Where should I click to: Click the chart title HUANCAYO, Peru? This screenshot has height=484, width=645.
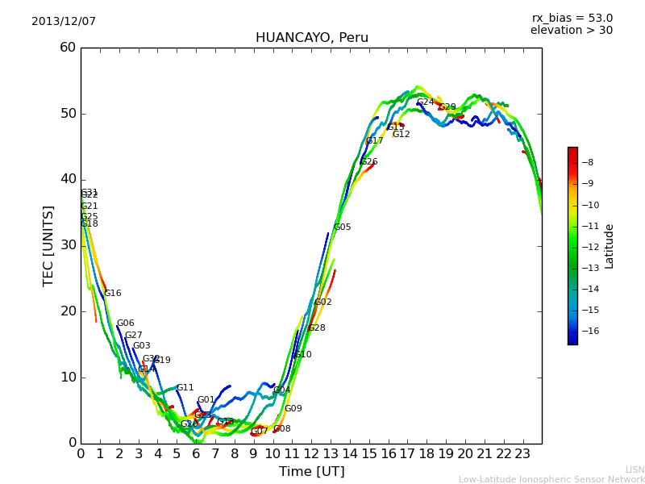pyautogui.click(x=311, y=38)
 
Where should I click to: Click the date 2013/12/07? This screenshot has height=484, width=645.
pyautogui.click(x=64, y=22)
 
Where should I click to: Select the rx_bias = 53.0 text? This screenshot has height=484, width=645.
pyautogui.click(x=572, y=19)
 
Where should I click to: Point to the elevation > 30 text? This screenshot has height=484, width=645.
pyautogui.click(x=571, y=31)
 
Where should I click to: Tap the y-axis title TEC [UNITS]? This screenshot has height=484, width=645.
pyautogui.click(x=48, y=245)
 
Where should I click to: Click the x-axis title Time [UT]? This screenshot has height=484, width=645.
pyautogui.click(x=311, y=472)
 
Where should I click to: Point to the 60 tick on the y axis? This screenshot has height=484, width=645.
pyautogui.click(x=68, y=48)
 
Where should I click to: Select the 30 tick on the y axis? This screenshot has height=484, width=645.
pyautogui.click(x=68, y=245)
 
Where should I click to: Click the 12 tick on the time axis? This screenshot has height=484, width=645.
pyautogui.click(x=311, y=453)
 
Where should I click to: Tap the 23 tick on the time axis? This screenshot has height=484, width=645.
pyautogui.click(x=522, y=453)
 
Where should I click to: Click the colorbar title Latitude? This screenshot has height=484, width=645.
pyautogui.click(x=610, y=246)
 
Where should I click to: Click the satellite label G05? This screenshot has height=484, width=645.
pyautogui.click(x=342, y=227)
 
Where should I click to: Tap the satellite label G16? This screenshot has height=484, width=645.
pyautogui.click(x=113, y=294)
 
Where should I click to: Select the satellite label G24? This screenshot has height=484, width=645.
pyautogui.click(x=425, y=102)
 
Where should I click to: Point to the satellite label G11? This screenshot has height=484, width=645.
pyautogui.click(x=185, y=388)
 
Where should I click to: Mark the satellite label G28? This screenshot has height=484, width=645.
pyautogui.click(x=317, y=328)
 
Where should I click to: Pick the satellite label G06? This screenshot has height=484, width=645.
pyautogui.click(x=126, y=323)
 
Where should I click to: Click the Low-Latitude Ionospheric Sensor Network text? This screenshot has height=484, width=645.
pyautogui.click(x=551, y=479)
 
